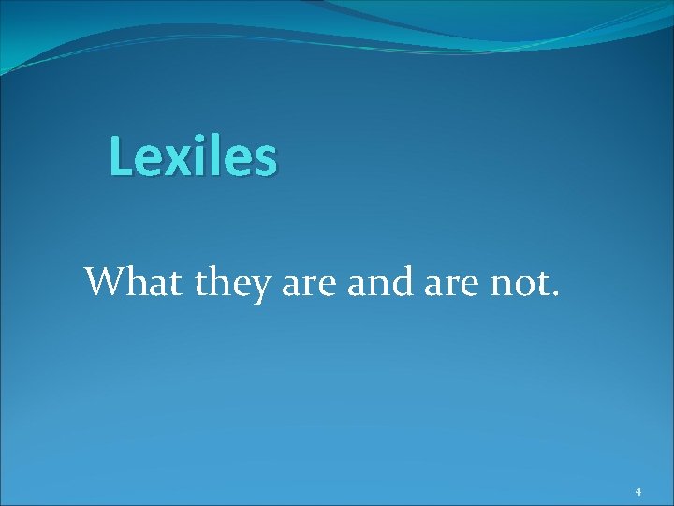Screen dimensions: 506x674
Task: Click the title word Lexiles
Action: [193, 156]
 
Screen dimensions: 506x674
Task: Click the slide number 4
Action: [637, 492]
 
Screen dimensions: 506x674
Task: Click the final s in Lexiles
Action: [265, 159]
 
